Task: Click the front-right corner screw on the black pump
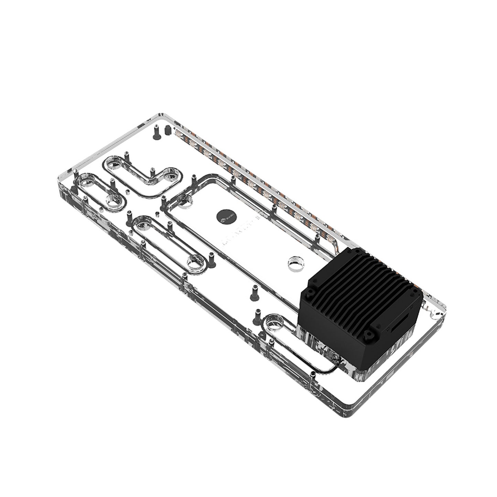(x=369, y=333)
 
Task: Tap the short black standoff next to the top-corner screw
(x=168, y=130)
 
